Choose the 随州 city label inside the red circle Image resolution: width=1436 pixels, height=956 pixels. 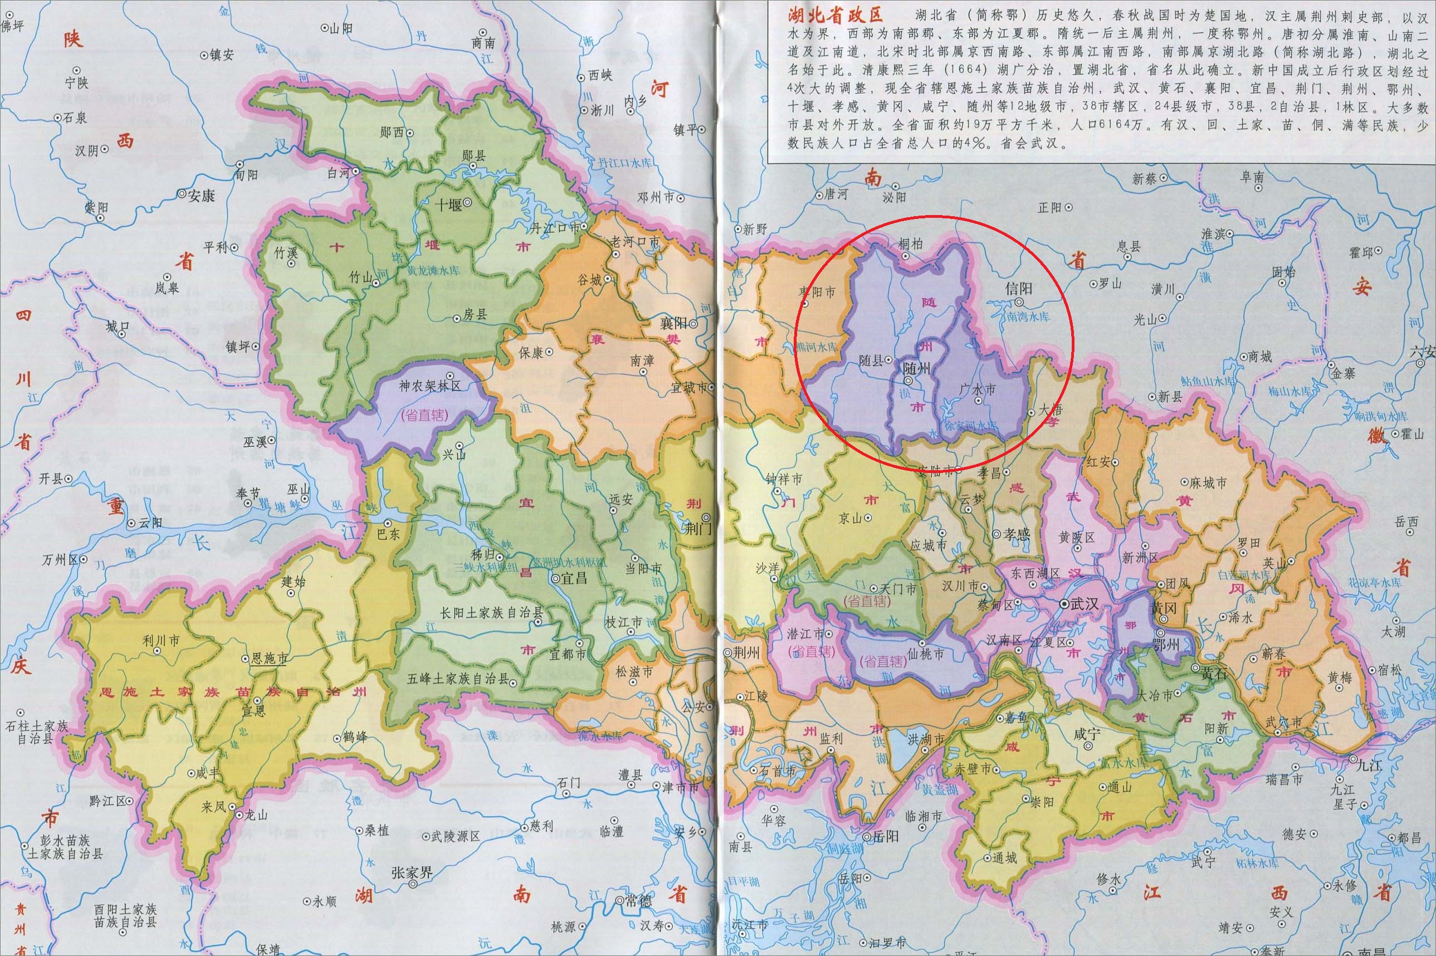point(917,368)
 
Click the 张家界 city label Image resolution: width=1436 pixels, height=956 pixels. point(412,872)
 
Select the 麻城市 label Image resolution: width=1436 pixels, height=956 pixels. point(1208,483)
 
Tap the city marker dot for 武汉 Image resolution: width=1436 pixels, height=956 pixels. point(1064,604)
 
